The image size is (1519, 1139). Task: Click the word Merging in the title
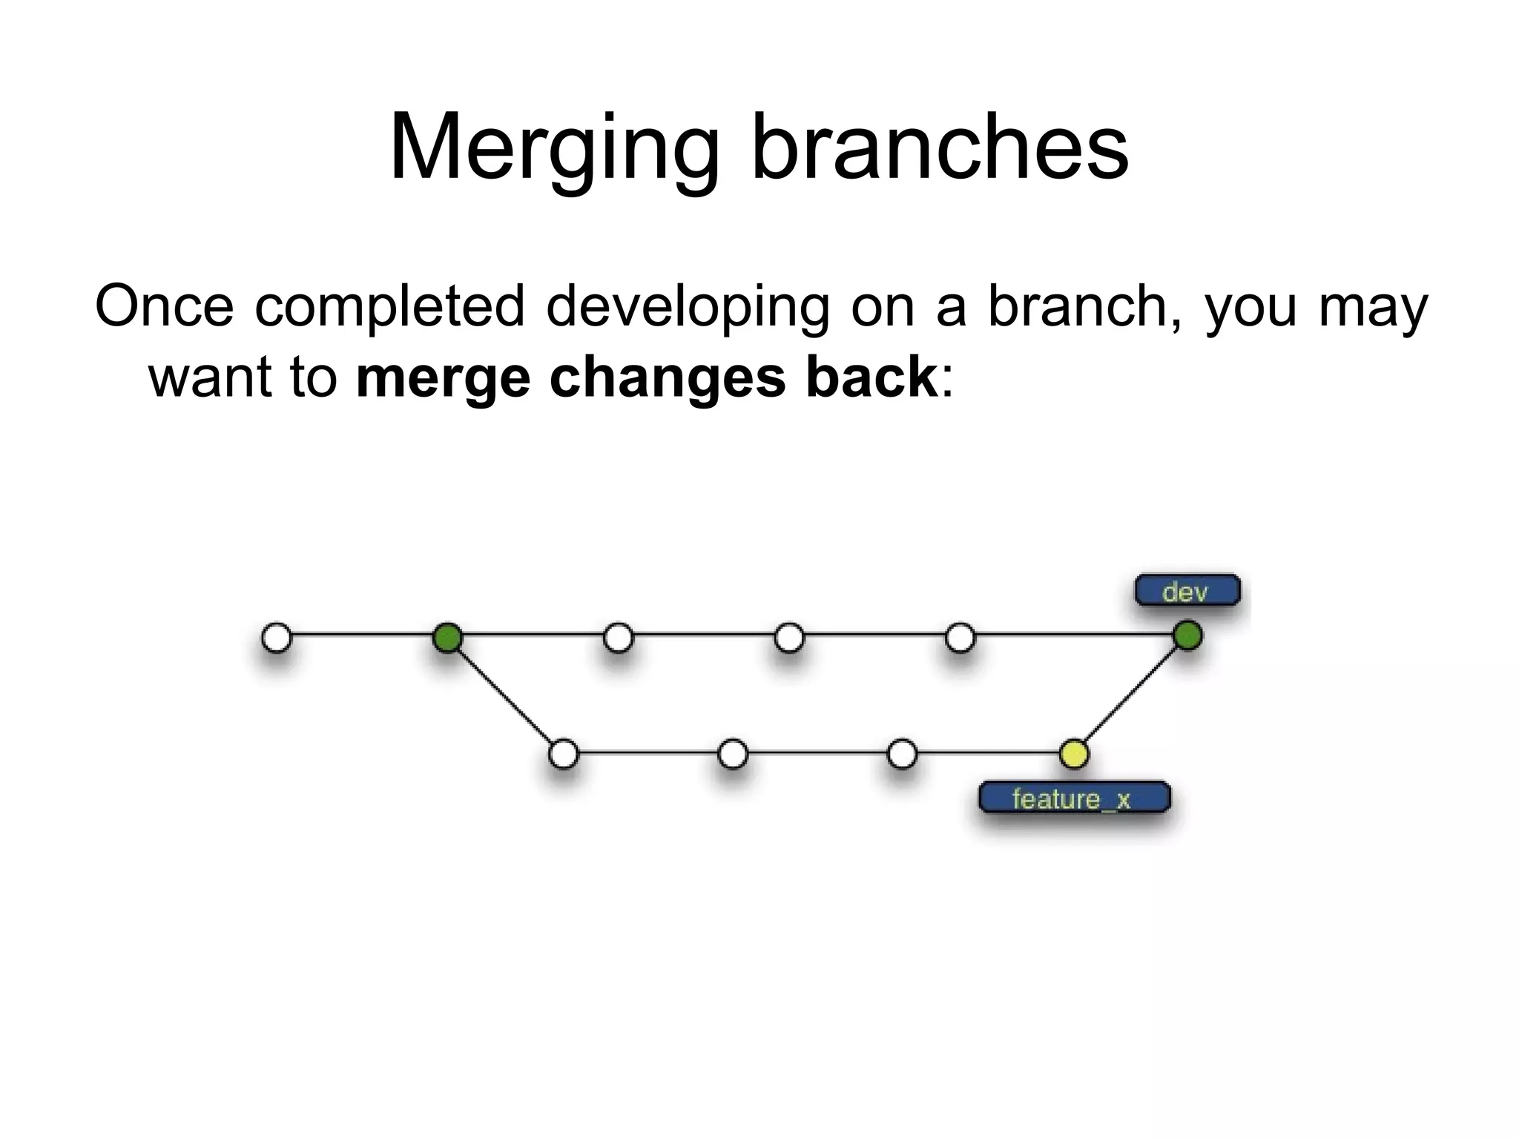point(553,148)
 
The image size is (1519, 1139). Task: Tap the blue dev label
point(1187,591)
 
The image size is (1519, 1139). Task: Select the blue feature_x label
point(1073,799)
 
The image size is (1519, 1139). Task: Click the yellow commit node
point(1073,754)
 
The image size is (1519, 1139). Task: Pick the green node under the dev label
point(1187,636)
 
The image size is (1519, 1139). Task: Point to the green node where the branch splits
point(447,637)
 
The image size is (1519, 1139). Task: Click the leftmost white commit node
point(277,637)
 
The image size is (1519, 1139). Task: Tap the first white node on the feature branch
point(564,754)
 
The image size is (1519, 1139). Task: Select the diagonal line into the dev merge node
point(1130,695)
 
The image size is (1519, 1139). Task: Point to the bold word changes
point(668,377)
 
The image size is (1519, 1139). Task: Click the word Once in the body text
point(164,306)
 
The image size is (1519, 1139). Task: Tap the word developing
point(688,307)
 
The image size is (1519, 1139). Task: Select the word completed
point(390,307)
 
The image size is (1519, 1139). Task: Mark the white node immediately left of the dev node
point(960,637)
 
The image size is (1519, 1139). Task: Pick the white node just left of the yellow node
point(902,754)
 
